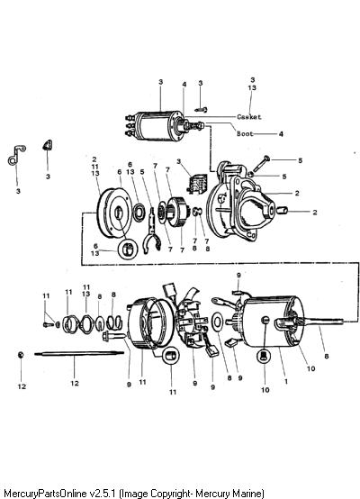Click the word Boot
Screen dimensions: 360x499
245,133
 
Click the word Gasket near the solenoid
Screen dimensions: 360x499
249,117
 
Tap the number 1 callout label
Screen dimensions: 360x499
286,381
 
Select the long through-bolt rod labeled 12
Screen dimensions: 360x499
79,353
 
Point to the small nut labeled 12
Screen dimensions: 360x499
21,355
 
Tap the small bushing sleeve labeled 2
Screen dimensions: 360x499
282,211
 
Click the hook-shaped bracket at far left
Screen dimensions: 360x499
16,155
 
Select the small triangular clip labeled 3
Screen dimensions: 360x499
48,145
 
